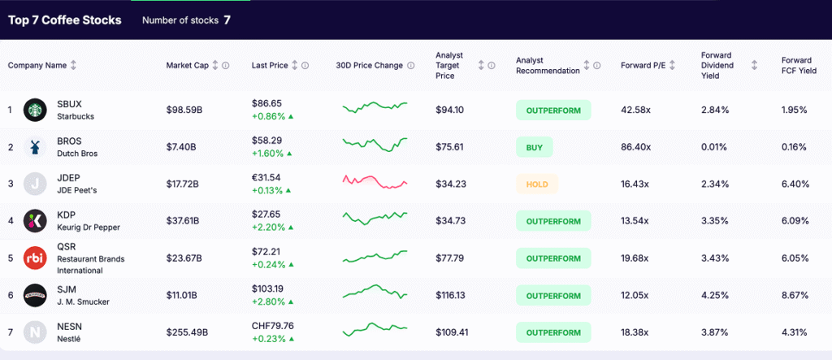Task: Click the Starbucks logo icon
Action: coord(35,110)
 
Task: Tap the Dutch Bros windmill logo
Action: coord(35,147)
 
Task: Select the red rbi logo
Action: coord(35,258)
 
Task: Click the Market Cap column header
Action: coord(188,66)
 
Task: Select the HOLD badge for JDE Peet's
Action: coord(536,184)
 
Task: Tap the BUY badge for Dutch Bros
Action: coord(534,147)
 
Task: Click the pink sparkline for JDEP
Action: coord(375,181)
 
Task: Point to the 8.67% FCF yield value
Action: coord(795,296)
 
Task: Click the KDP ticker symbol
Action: coord(67,215)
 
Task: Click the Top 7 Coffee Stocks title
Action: coord(64,20)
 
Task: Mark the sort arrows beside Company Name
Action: coord(74,66)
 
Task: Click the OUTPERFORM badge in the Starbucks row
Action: coord(552,110)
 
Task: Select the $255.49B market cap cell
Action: coord(187,332)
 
